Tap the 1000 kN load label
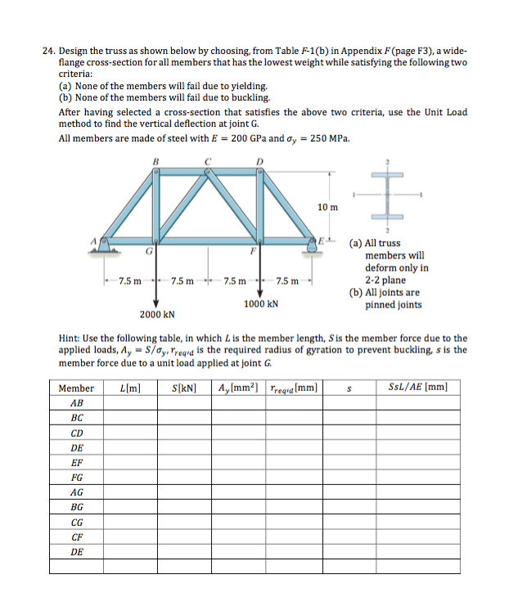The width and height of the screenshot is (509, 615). [261, 303]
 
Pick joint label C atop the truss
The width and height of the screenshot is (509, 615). [209, 161]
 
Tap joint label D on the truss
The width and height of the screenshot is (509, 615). [260, 161]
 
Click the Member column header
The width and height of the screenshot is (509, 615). [76, 388]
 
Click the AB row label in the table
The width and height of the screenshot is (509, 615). [76, 403]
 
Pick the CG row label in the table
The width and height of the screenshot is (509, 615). [76, 522]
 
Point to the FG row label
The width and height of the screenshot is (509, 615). [76, 478]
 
